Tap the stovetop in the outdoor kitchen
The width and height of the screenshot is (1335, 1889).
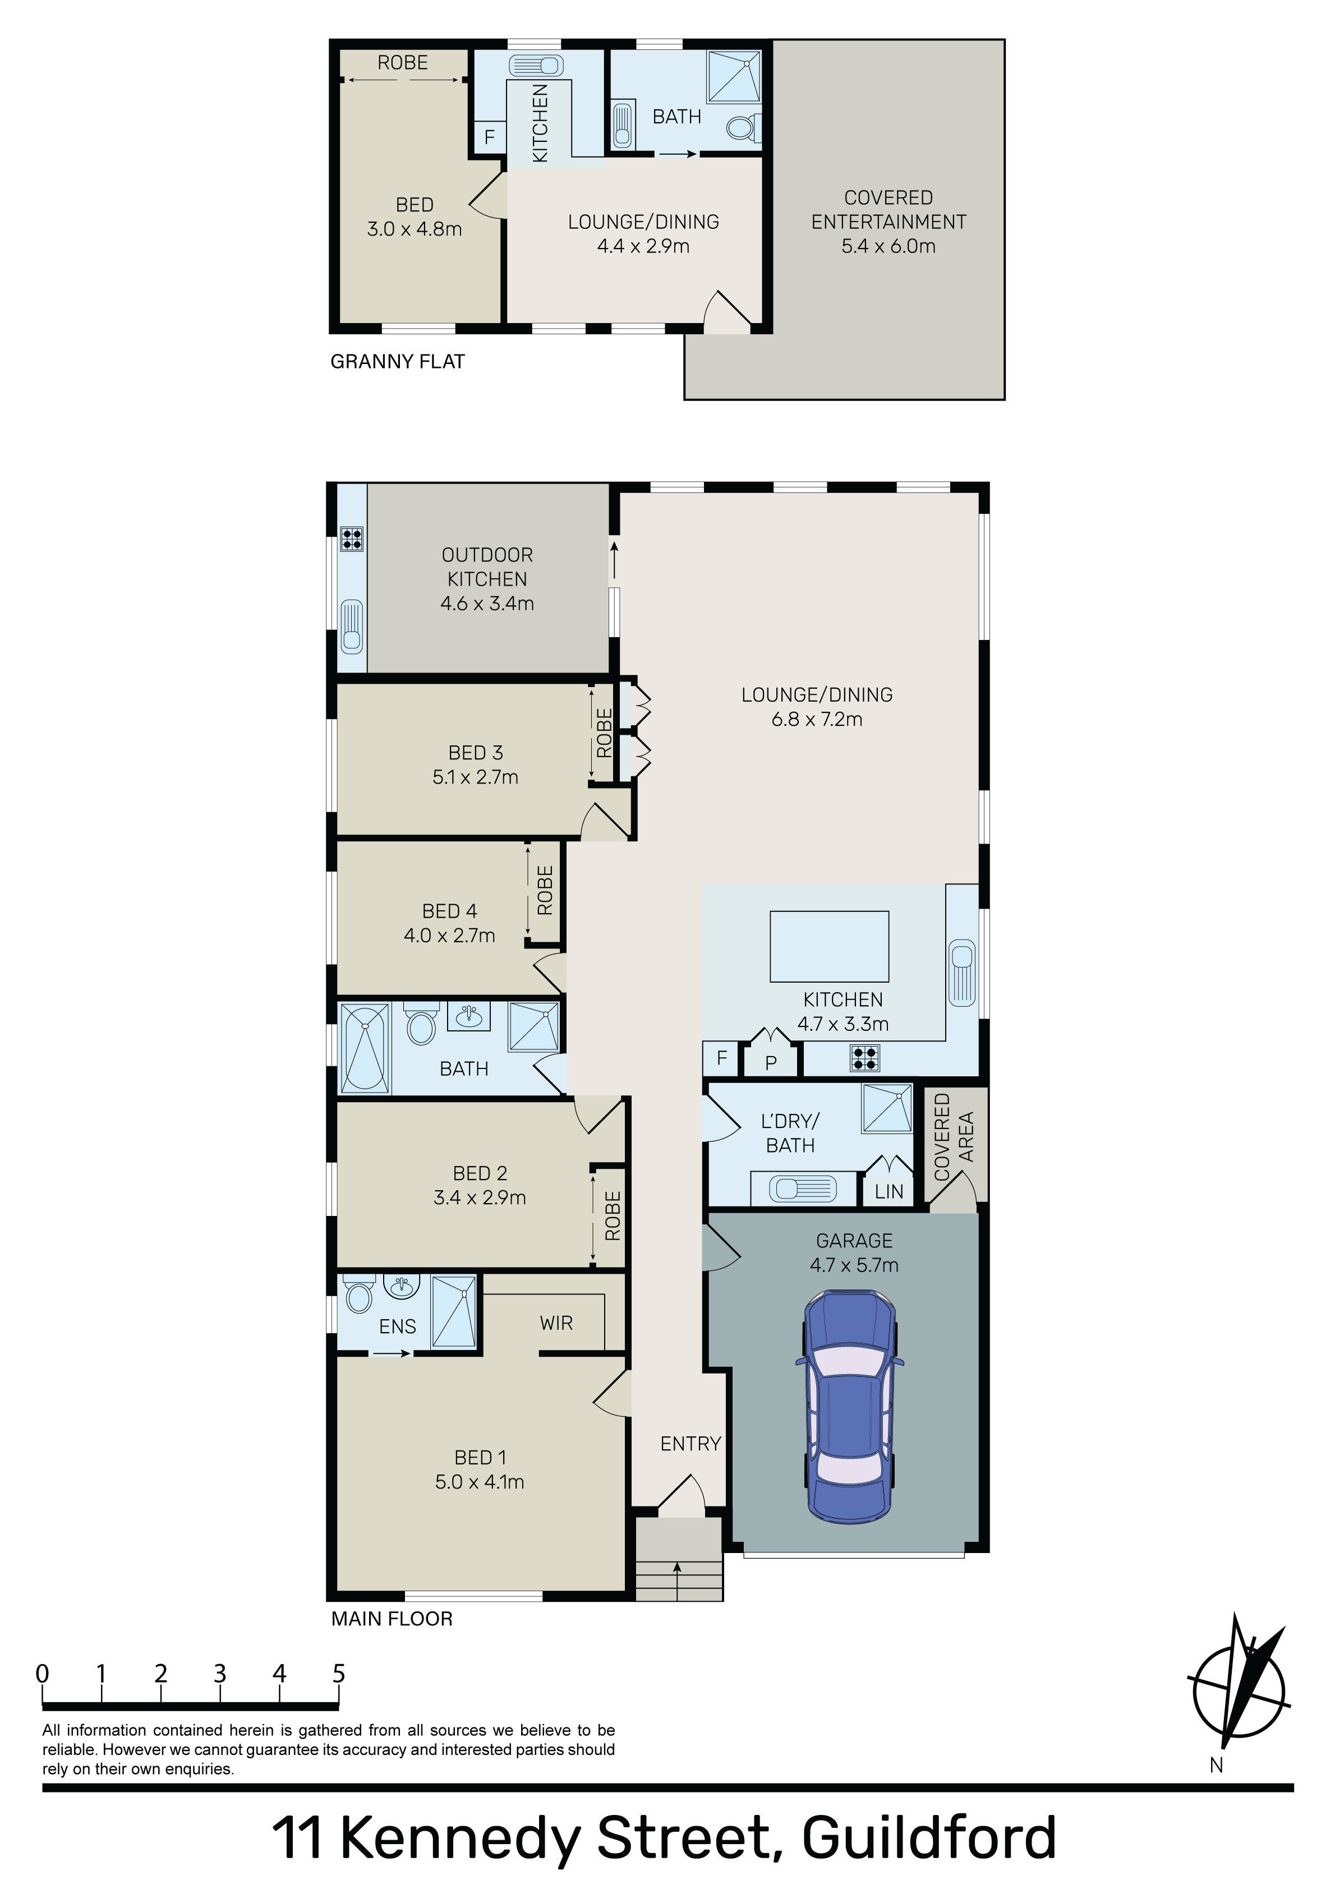[x=352, y=539]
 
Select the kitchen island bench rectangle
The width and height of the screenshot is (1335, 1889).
[x=829, y=946]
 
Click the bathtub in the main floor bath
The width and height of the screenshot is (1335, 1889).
[x=365, y=1047]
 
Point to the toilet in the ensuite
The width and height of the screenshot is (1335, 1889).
[x=359, y=1295]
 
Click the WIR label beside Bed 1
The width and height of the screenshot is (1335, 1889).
[x=556, y=1323]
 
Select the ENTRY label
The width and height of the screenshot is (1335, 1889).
[x=690, y=1443]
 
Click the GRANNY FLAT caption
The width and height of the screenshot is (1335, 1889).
[x=398, y=361]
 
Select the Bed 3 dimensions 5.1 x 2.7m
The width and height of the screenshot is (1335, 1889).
[x=476, y=777]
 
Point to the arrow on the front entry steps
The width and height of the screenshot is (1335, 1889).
[x=678, y=1572]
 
